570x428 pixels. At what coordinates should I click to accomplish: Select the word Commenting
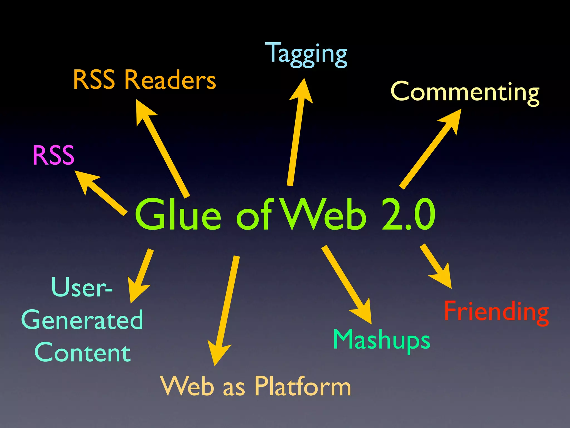[465, 92]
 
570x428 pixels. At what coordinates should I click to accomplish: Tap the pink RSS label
[53, 155]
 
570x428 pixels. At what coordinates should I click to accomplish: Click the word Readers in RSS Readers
[170, 80]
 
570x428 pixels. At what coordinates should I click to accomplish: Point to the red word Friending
[496, 312]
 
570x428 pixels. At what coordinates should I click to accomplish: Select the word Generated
[82, 320]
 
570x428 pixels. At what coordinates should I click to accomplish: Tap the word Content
[82, 353]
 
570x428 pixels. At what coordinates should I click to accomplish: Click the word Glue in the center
[178, 215]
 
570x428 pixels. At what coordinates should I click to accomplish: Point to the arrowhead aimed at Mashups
[363, 312]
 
